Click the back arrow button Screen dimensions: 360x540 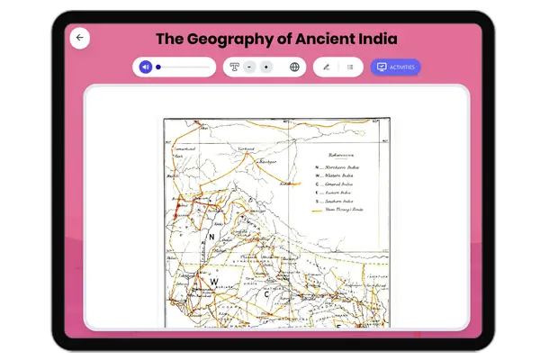click(80, 38)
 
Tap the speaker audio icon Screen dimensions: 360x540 click(145, 67)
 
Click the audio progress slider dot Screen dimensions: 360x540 click(158, 67)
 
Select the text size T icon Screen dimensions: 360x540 click(234, 67)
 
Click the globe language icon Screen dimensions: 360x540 click(294, 67)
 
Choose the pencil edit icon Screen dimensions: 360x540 click(326, 67)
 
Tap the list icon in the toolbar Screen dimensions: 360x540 click(350, 67)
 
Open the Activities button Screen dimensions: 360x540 click(395, 67)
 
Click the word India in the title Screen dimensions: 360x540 click(374, 39)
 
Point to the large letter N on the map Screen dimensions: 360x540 click(211, 237)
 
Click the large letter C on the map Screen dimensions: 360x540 click(266, 293)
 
